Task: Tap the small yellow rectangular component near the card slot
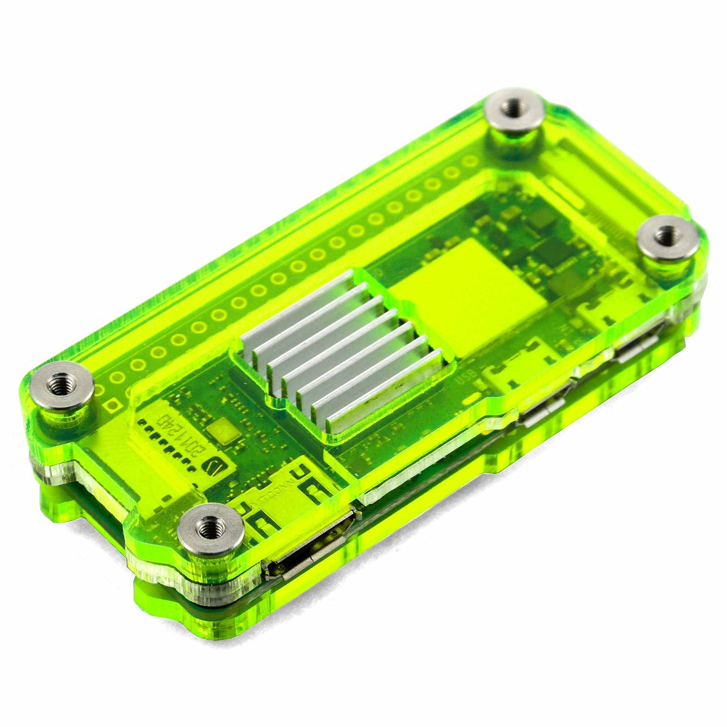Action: click(x=223, y=430)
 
